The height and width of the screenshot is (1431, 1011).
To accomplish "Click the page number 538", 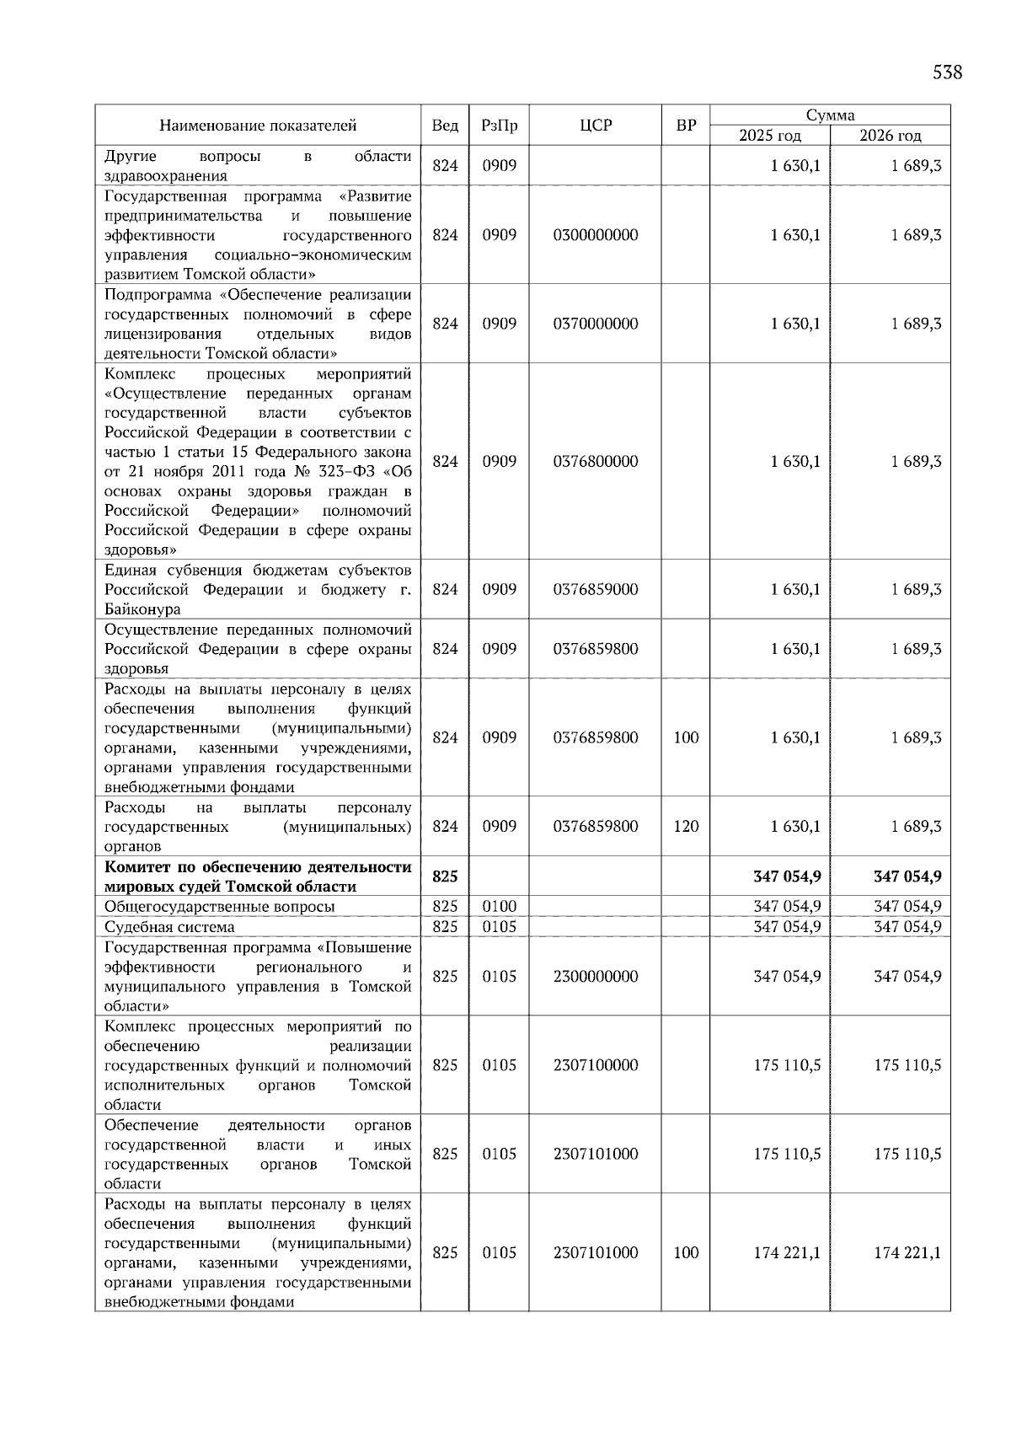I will (x=947, y=72).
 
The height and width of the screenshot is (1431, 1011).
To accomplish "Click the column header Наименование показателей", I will (x=258, y=126).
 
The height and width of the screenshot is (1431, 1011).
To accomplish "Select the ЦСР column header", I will (x=596, y=126).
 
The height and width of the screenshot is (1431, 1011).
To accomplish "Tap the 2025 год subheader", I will (x=770, y=136).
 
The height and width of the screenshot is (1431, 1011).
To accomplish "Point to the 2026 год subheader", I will (x=891, y=136).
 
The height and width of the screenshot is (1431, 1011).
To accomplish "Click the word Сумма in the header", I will (x=830, y=115).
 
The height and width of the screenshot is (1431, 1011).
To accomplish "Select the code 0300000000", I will (x=596, y=235).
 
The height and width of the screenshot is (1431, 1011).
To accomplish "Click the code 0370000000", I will (x=596, y=324).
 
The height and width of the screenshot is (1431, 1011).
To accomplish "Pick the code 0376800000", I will (x=596, y=461).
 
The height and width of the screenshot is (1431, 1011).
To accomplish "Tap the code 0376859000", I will (x=596, y=589).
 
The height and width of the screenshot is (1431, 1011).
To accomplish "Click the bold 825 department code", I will (x=445, y=876).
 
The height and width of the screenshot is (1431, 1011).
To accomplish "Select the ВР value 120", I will (x=686, y=826).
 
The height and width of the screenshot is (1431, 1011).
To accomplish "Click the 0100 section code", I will (x=499, y=907).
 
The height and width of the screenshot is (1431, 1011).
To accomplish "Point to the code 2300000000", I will (x=596, y=976).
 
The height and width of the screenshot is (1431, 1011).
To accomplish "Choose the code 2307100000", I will (x=596, y=1065).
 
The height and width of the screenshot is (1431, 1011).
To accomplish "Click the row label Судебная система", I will (x=169, y=927).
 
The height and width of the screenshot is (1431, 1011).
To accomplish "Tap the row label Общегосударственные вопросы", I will (x=219, y=907).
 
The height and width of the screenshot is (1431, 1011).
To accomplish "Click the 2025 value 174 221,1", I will (x=787, y=1252).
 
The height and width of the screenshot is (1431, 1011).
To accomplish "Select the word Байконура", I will (x=142, y=609).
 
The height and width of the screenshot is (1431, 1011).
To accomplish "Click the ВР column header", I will (x=686, y=126).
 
